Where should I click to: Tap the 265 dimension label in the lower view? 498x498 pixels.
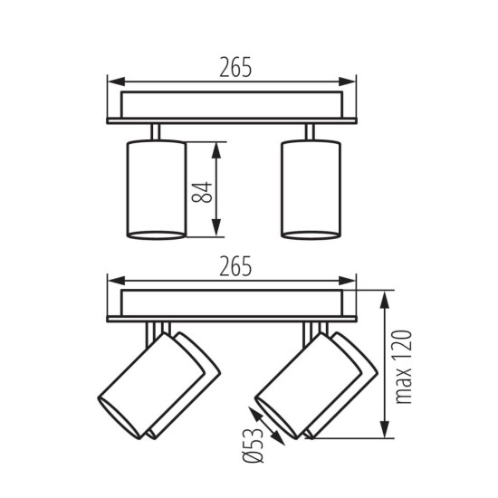(x=234, y=266)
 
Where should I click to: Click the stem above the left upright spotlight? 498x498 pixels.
(x=156, y=131)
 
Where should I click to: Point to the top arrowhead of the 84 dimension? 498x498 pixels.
(x=217, y=147)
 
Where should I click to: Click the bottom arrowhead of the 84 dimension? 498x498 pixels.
(x=217, y=233)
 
